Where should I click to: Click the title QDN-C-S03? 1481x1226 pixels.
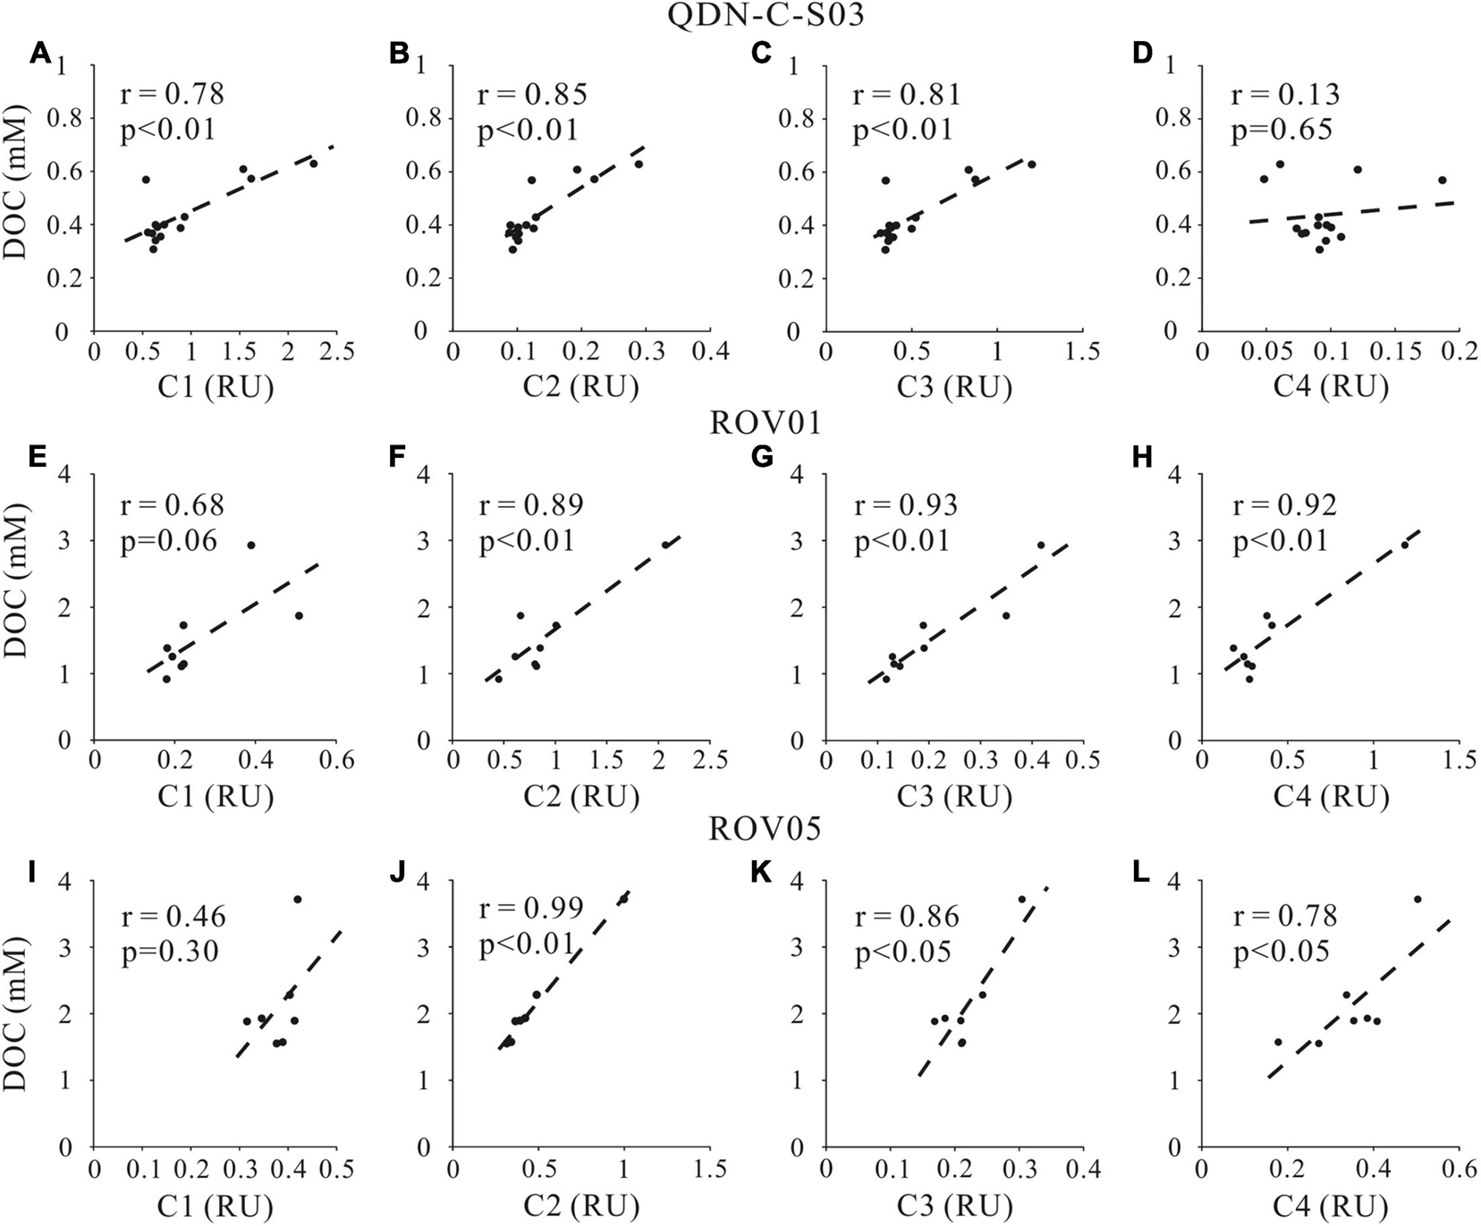740,15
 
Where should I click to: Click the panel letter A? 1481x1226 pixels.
40,55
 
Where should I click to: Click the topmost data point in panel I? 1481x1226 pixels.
298,899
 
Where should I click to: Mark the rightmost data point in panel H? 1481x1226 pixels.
1404,545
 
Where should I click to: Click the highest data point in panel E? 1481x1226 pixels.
251,545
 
